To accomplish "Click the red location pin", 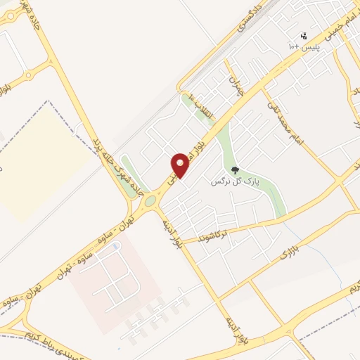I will click(180, 166).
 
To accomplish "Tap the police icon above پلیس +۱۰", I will click(304, 35).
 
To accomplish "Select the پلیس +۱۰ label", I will click(302, 46).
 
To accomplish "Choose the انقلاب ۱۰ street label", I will click(201, 105).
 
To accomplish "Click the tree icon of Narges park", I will click(236, 170).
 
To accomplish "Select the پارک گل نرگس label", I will click(236, 181).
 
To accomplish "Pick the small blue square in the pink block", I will click(117, 246).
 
